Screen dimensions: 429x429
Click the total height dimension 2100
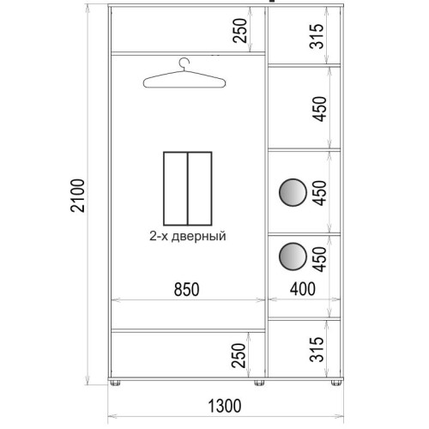point(78,196)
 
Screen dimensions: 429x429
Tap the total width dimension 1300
point(225,406)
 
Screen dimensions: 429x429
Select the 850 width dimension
point(187,289)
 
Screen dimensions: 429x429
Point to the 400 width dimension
point(303,289)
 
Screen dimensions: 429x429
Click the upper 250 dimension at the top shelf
point(239,31)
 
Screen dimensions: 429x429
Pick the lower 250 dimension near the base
point(239,355)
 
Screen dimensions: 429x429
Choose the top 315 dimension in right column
point(317,36)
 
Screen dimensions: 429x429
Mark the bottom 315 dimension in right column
point(317,349)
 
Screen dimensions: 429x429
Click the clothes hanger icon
point(184,74)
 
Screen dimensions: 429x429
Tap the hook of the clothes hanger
point(184,63)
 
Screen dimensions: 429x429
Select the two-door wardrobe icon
point(188,189)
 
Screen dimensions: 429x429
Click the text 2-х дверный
point(188,237)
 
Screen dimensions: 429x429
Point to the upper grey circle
point(293,192)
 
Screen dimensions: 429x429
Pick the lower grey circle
point(293,257)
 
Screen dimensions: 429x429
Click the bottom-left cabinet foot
point(115,383)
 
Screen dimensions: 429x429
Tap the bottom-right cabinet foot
point(336,383)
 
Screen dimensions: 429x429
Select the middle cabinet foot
point(259,383)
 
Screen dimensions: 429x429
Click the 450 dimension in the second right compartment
point(319,109)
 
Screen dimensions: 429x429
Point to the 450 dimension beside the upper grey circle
point(319,193)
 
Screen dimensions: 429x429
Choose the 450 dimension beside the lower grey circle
point(319,259)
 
